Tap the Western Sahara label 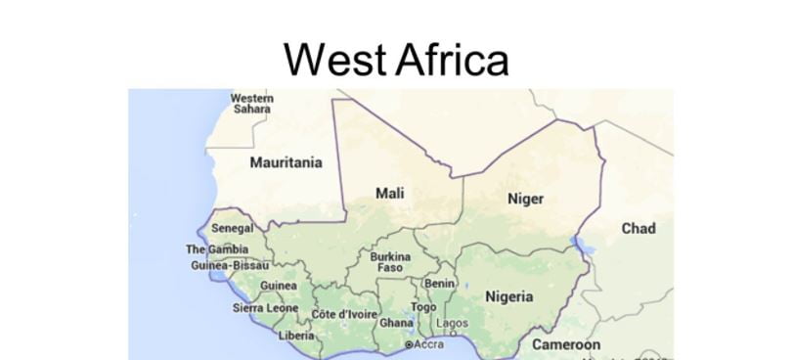252,103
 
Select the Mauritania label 286,162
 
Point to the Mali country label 390,194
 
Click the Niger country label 525,199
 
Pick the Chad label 639,228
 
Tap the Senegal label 233,228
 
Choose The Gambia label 217,249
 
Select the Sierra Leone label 265,307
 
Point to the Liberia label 296,335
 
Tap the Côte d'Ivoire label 343,314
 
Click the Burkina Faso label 390,262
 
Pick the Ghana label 396,323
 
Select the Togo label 423,306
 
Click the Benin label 439,283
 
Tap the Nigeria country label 509,296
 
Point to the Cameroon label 566,344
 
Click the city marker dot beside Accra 409,345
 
